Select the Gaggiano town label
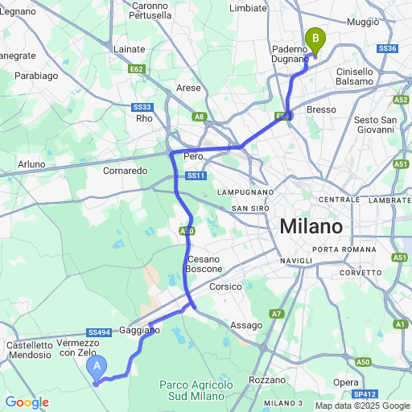[140, 331]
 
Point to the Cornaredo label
[125, 171]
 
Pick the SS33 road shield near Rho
[142, 107]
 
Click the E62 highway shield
[137, 70]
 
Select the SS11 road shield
[196, 176]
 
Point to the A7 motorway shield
[276, 313]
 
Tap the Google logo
[27, 402]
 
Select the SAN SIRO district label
[250, 208]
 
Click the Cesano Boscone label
[203, 263]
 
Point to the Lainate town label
[130, 49]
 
